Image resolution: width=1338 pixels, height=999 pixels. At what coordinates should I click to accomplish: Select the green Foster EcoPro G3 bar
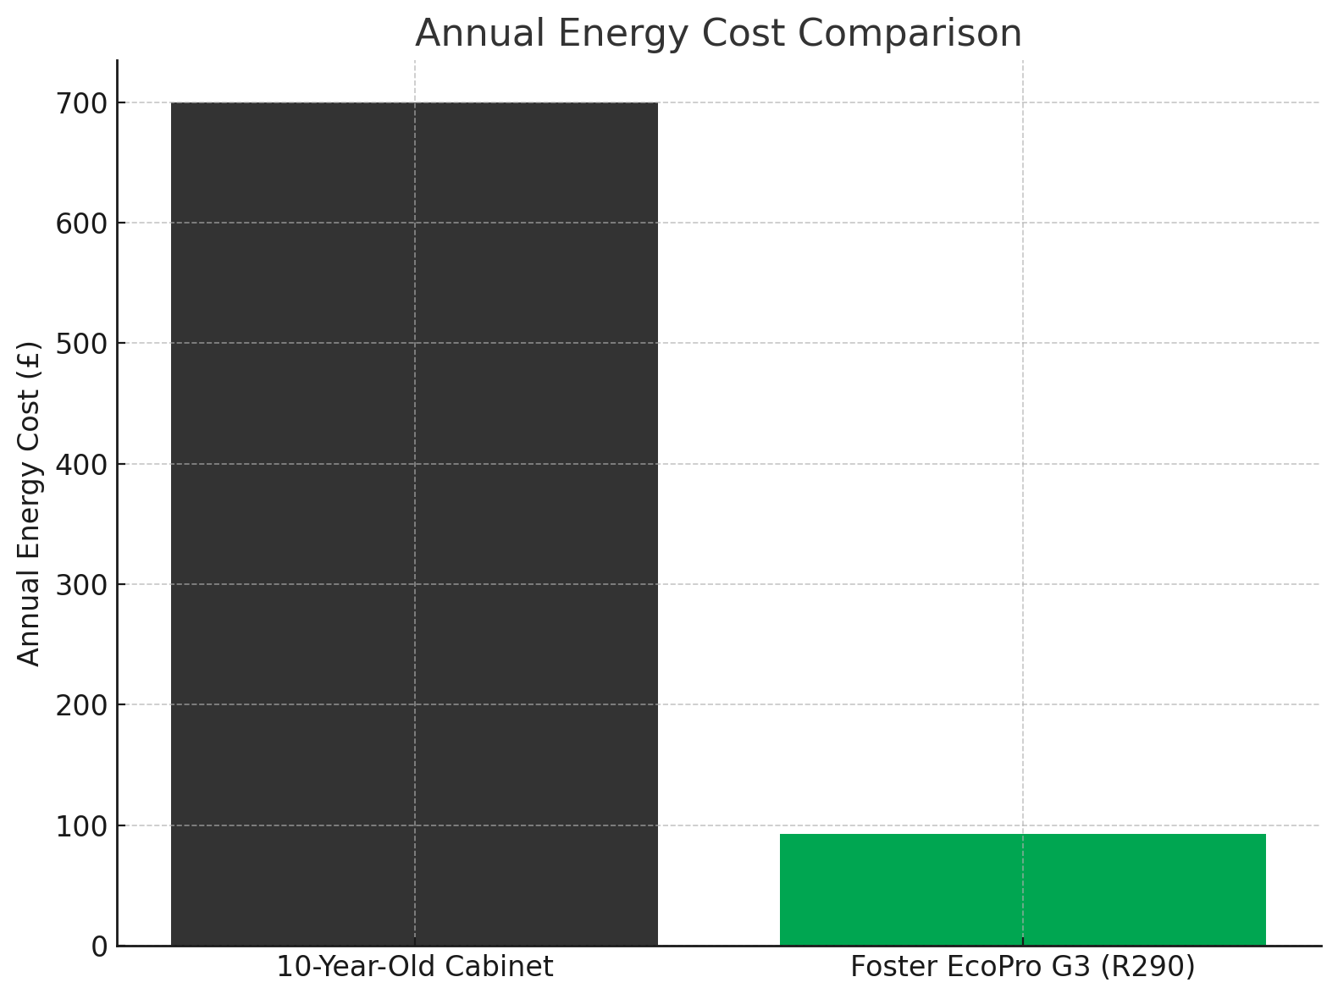pyautogui.click(x=1022, y=889)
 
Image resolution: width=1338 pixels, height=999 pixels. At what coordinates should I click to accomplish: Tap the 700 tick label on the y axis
pyautogui.click(x=82, y=103)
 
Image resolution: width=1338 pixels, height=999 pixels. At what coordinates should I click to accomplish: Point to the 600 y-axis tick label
pyautogui.click(x=82, y=224)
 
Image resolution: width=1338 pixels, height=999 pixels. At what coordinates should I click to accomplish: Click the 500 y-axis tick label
pyautogui.click(x=82, y=344)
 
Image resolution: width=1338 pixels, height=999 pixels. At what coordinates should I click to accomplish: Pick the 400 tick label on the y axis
pyautogui.click(x=82, y=464)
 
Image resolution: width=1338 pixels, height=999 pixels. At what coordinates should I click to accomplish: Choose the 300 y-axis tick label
pyautogui.click(x=82, y=584)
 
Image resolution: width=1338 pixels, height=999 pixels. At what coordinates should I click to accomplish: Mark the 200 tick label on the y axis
pyautogui.click(x=82, y=704)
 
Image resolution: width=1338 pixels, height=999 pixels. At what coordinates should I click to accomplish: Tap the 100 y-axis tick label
pyautogui.click(x=82, y=825)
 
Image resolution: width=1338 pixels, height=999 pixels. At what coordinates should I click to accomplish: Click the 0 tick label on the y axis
pyautogui.click(x=100, y=946)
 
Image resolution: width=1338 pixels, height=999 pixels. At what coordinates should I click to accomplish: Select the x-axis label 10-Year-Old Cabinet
pyautogui.click(x=415, y=967)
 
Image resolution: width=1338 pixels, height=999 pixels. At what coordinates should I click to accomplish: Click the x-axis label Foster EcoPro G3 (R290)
pyautogui.click(x=1022, y=967)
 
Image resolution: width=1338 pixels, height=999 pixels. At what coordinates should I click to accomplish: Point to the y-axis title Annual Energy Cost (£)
pyautogui.click(x=29, y=503)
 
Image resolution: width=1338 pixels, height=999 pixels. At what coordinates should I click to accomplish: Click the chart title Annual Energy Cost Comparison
pyautogui.click(x=718, y=34)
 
